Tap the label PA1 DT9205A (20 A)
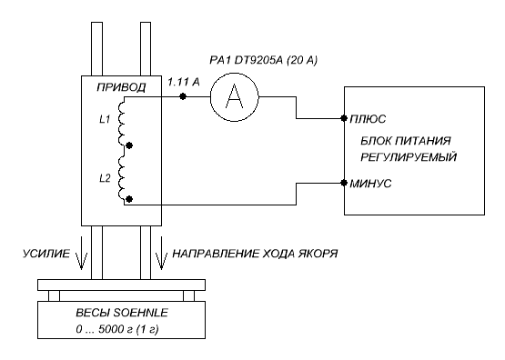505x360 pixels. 263,60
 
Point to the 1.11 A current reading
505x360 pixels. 184,83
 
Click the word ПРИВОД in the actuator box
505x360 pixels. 121,87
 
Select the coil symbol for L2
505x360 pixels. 122,178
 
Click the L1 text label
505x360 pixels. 105,120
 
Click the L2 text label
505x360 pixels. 105,178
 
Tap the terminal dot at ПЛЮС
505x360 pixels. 344,118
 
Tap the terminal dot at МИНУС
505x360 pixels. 344,183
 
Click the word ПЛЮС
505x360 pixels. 368,119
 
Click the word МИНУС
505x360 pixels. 370,184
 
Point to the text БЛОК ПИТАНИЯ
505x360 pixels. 406,141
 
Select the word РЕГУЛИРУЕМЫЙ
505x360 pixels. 409,157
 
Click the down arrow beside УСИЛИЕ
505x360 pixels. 81,253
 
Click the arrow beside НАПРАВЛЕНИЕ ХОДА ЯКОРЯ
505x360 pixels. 161,253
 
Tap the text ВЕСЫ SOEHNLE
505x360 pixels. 122,313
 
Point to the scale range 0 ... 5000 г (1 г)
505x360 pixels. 117,329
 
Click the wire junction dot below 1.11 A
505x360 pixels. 183,96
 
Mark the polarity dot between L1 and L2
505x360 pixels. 129,145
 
